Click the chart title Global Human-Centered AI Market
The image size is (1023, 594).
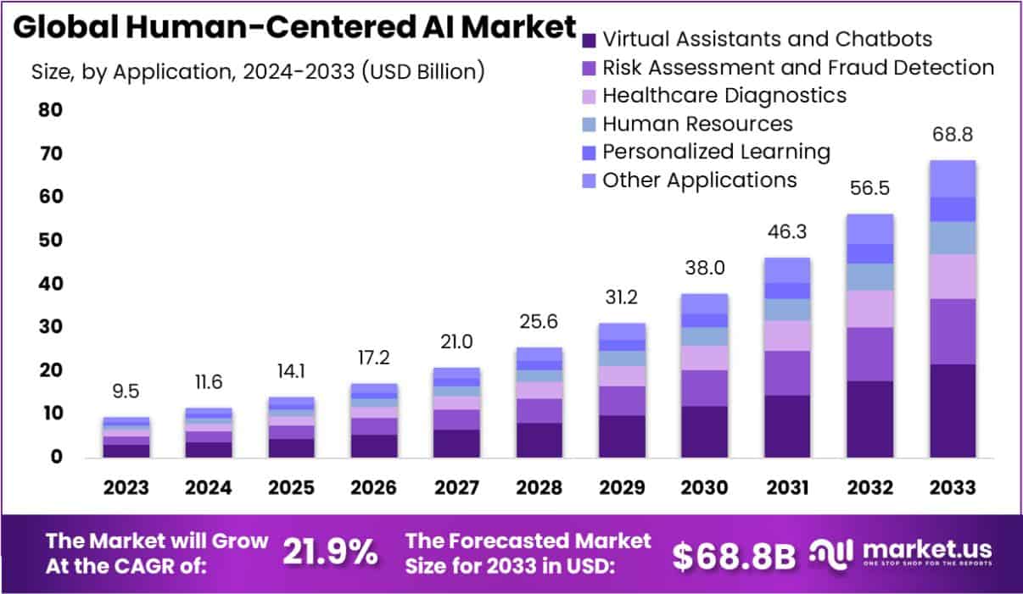[295, 28]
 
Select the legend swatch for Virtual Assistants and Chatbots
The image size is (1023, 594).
[590, 40]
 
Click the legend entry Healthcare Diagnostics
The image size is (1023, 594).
[724, 95]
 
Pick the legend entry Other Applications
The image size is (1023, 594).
[699, 180]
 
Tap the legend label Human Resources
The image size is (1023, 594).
[696, 124]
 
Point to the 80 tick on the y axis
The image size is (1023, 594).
[49, 110]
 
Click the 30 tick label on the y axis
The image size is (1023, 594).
[49, 327]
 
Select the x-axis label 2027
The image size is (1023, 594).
[456, 488]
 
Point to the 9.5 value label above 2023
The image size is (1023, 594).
[126, 392]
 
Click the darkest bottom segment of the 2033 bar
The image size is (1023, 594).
[951, 411]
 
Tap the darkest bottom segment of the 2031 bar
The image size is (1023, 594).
[785, 426]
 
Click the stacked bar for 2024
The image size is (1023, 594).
[209, 432]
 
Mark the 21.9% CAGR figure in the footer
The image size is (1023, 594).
[330, 552]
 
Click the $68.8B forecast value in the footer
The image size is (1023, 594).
[734, 555]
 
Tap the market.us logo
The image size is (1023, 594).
[902, 552]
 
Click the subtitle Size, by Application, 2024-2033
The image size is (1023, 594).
[257, 72]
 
